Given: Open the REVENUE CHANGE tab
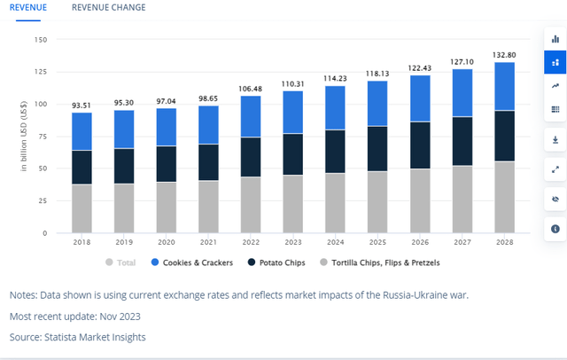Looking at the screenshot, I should coord(108,8).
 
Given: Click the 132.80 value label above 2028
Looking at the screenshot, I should coord(504,55).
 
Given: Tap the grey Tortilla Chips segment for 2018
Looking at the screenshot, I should coord(82,208).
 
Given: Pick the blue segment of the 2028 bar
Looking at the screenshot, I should coord(504,86).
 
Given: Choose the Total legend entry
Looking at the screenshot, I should coord(125,262).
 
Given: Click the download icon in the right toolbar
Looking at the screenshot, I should coord(555,139).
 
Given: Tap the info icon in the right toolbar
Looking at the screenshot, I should coord(555,228).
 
